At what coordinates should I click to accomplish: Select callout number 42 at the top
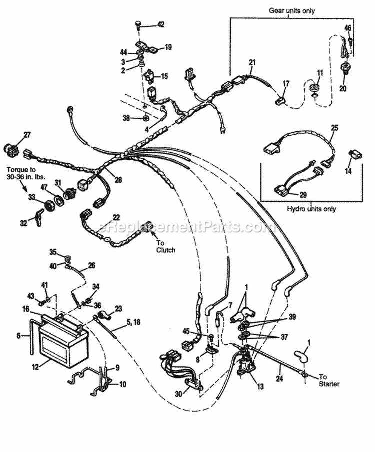pos(160,24)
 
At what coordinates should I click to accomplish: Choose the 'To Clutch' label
pos(165,246)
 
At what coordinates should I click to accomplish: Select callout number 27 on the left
pos(27,134)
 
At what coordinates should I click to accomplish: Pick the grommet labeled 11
pos(314,88)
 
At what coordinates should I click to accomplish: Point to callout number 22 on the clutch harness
pos(116,217)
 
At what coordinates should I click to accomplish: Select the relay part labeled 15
pos(149,77)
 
